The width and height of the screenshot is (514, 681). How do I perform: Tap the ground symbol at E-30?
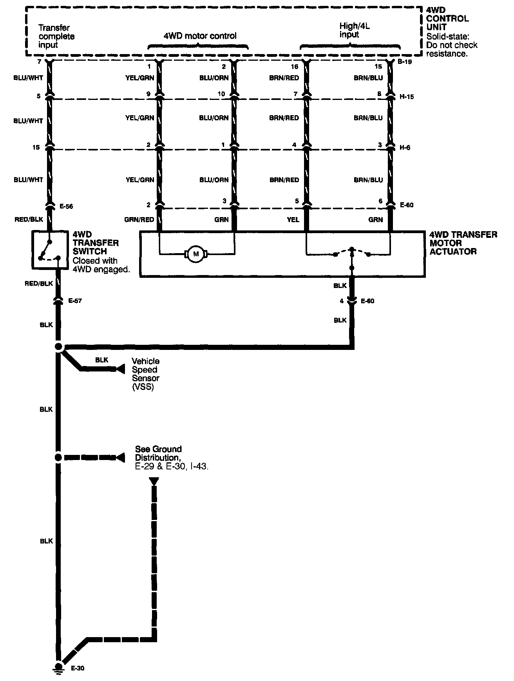(58, 668)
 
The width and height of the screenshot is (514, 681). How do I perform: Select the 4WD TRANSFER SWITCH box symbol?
(49, 250)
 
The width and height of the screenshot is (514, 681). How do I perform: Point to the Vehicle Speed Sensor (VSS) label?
(145, 374)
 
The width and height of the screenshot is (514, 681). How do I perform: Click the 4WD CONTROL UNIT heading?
(447, 18)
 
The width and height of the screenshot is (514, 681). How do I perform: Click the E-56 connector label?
(66, 206)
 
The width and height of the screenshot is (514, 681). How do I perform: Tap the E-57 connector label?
(74, 301)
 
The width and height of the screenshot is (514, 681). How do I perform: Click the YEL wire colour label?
(293, 220)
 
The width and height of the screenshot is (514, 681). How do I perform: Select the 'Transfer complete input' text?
(56, 36)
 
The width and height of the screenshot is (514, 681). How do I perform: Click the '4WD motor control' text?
(200, 36)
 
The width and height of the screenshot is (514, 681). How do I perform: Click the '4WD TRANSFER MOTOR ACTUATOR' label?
(463, 243)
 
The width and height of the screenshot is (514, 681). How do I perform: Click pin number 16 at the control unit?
(294, 67)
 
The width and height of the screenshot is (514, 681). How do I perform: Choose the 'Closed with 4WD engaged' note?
(101, 265)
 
